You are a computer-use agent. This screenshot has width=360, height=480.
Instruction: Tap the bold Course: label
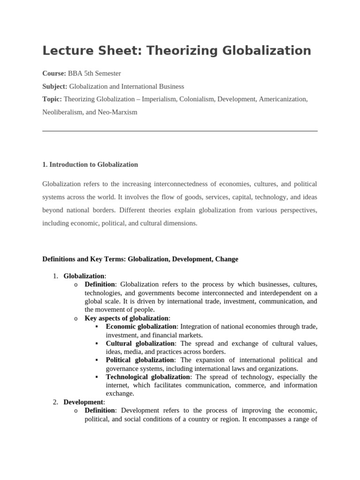coord(54,73)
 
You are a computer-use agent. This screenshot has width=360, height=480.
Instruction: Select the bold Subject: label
coord(55,86)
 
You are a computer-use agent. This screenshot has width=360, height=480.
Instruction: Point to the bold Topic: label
coord(52,99)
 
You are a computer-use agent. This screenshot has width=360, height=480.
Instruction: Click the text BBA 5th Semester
coord(94,73)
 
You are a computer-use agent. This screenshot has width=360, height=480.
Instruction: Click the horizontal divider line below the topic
coord(180,131)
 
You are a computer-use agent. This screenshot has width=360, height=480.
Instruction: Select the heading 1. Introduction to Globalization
coord(90,165)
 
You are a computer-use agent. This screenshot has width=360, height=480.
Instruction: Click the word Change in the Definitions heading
coord(227,259)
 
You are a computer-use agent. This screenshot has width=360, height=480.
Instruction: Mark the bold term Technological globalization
coord(148,377)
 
